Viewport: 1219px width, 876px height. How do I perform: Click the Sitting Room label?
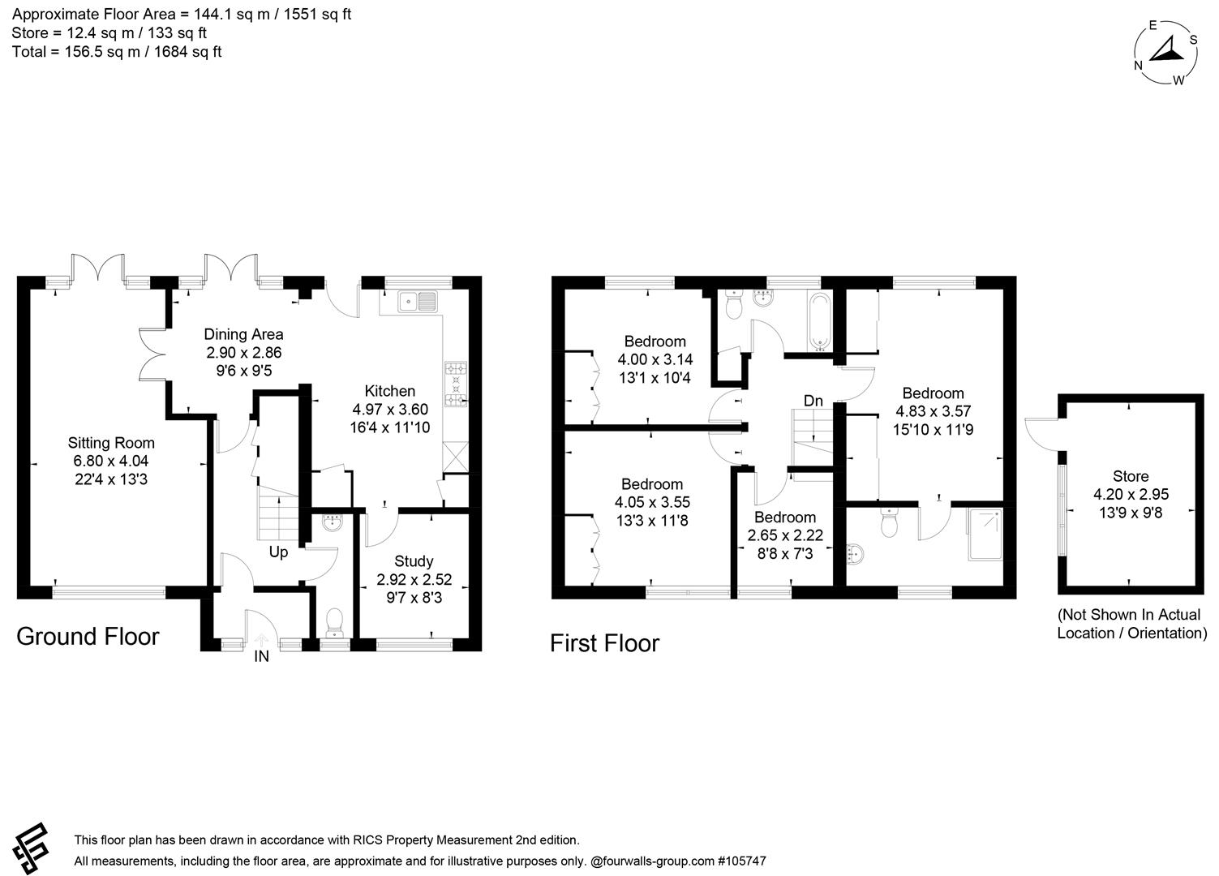click(110, 443)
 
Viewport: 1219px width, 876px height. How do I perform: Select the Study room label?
click(414, 561)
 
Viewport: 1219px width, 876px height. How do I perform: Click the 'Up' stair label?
click(278, 552)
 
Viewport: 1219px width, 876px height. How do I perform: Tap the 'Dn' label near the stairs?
click(813, 401)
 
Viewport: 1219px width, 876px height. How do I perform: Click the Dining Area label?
click(243, 334)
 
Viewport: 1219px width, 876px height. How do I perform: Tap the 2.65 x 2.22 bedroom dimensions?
click(785, 535)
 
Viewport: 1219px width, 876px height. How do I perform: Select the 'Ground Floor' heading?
click(88, 637)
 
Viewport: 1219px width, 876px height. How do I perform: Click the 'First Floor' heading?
click(604, 643)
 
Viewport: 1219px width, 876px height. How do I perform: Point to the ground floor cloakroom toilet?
click(333, 623)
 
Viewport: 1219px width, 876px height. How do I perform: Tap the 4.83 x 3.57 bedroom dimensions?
click(933, 411)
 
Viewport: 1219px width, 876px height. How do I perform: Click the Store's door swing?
click(1040, 430)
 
